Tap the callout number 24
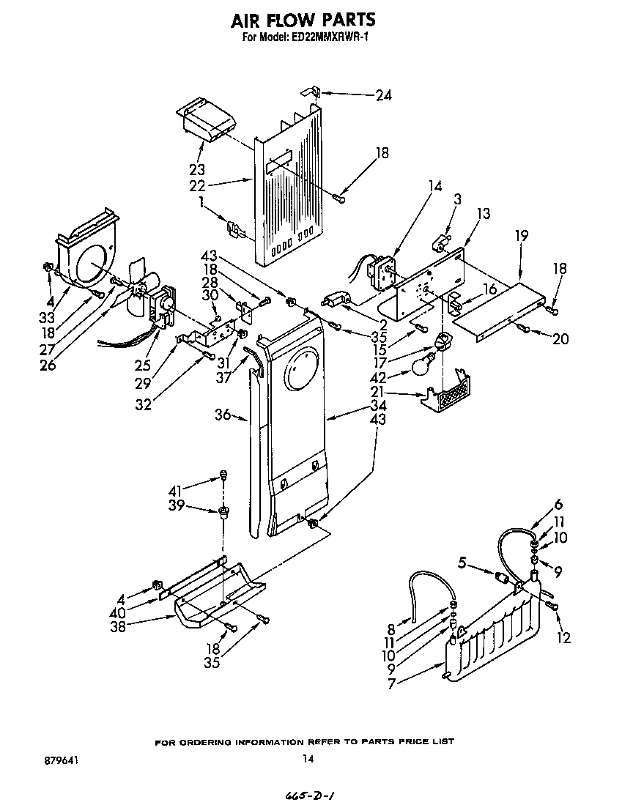383,95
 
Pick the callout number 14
436,186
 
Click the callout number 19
521,236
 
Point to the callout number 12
563,638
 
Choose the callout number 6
558,504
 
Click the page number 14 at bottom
308,760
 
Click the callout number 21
378,395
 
